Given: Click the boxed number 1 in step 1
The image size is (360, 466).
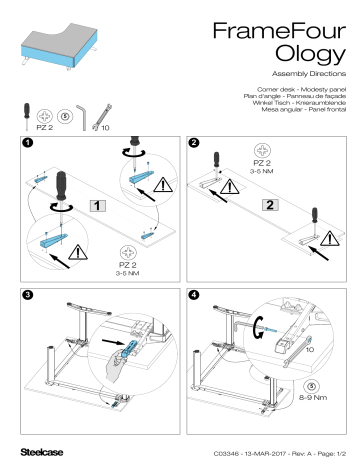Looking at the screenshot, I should click(96, 206).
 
